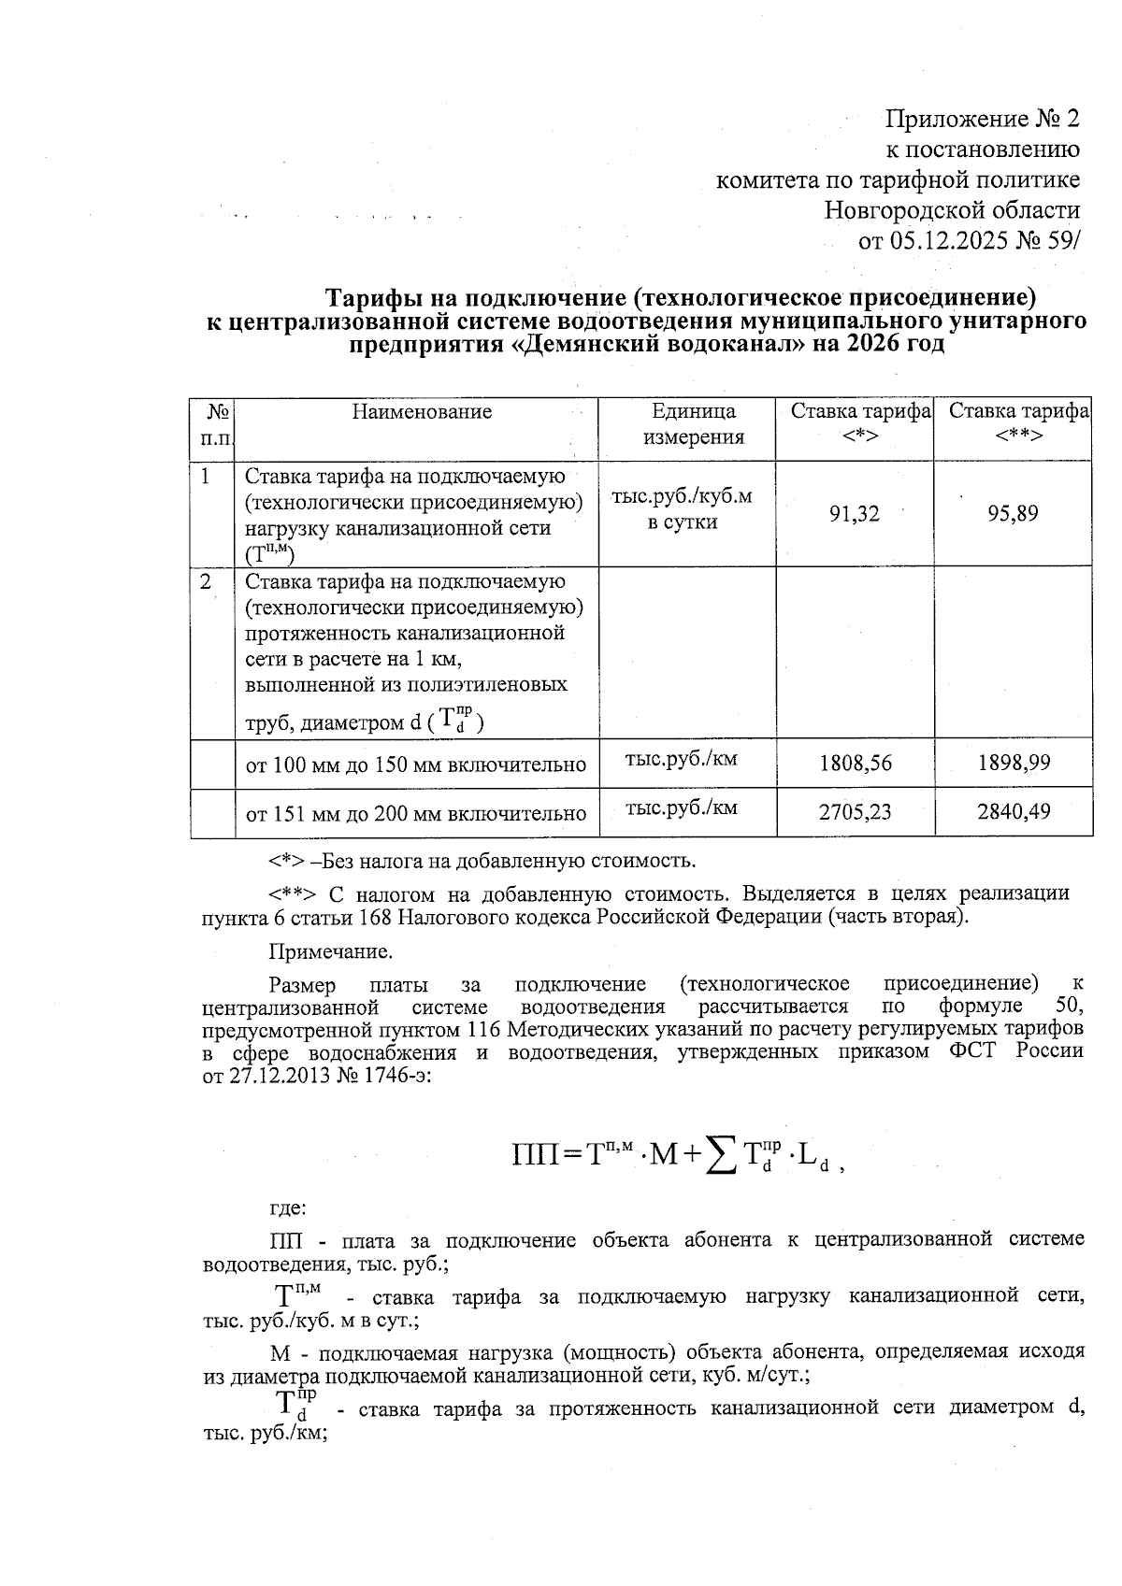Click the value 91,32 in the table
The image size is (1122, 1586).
point(855,513)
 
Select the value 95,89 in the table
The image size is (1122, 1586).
point(1013,513)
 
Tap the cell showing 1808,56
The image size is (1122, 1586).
point(855,764)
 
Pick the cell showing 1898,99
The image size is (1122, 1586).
point(1014,764)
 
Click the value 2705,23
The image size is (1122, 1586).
point(855,812)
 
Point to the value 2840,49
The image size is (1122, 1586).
point(1014,812)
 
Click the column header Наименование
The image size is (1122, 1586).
point(422,412)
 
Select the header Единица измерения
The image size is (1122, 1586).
point(693,424)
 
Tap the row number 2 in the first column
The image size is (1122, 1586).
point(206,581)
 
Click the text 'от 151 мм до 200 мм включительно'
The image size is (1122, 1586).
point(416,814)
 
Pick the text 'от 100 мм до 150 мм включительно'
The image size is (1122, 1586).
point(416,765)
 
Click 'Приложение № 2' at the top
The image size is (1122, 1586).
point(982,119)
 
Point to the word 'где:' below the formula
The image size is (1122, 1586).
point(287,1207)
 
